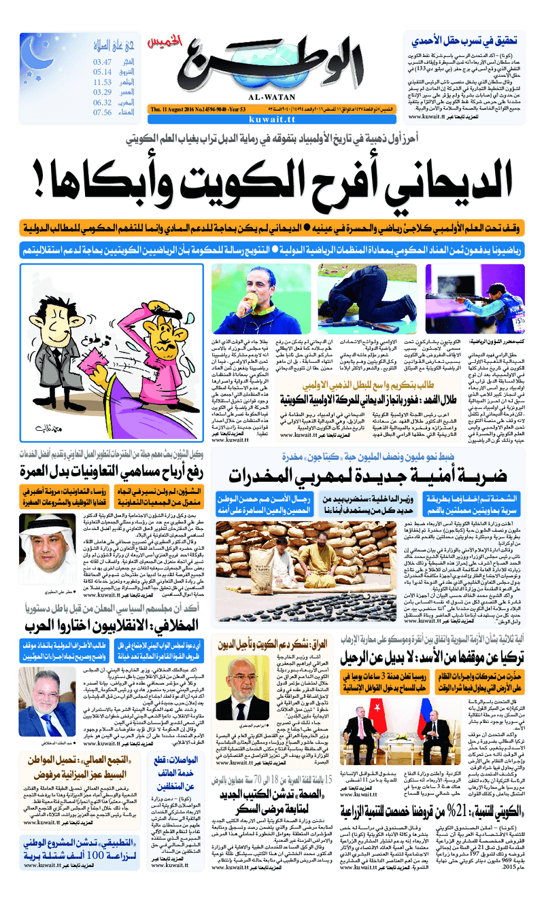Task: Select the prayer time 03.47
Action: [103, 62]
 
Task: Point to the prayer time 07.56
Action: [103, 112]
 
